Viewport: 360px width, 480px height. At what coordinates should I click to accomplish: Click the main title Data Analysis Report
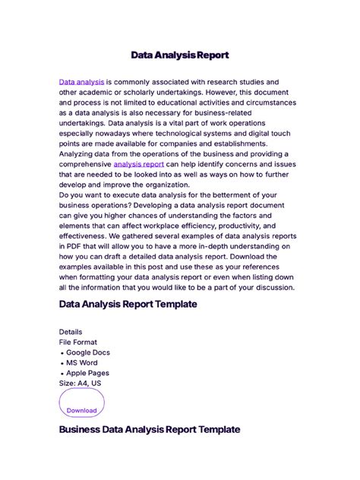tap(179, 55)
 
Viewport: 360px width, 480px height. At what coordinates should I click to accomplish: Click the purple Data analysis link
tap(81, 81)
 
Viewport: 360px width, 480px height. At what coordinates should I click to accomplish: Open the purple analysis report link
tap(139, 163)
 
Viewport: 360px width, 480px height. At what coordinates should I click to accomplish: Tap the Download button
tap(81, 409)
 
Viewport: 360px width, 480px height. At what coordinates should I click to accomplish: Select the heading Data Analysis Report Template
tap(128, 304)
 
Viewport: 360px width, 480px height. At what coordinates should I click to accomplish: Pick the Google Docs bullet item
tap(87, 352)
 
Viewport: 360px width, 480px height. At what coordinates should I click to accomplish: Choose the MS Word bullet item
tap(83, 363)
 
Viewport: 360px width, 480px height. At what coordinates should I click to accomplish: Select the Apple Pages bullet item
tap(87, 373)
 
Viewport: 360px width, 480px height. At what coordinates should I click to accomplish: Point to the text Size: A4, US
tap(80, 384)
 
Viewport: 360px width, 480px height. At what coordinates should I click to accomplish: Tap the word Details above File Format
tap(71, 332)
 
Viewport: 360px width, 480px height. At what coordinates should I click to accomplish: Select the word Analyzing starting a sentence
tap(80, 153)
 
